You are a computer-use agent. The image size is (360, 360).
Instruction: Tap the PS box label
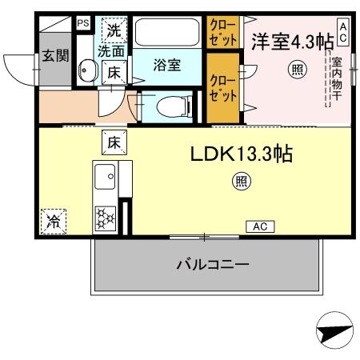click(x=83, y=23)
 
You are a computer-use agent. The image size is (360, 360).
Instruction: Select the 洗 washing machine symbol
click(x=114, y=32)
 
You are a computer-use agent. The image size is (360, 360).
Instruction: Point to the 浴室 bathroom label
click(x=166, y=65)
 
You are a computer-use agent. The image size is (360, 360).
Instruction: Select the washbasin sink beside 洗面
click(x=86, y=71)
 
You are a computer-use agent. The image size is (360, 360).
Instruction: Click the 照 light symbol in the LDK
click(x=241, y=182)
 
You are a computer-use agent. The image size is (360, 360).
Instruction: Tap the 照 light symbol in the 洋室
click(x=297, y=71)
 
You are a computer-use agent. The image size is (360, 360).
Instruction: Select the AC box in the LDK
click(x=260, y=226)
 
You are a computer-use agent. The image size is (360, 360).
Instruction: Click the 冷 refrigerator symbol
click(x=55, y=218)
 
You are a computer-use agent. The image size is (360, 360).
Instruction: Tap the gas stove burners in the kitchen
click(x=106, y=217)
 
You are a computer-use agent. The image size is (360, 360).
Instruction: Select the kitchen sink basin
click(x=105, y=173)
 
